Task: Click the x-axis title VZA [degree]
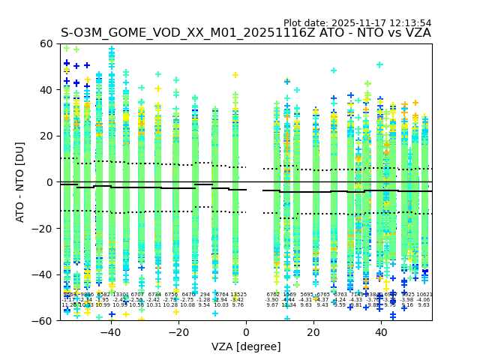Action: point(246,346)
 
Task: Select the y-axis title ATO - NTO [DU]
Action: point(21,181)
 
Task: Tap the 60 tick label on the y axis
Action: point(46,43)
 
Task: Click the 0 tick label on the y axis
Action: point(50,182)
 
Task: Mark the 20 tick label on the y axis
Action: point(46,136)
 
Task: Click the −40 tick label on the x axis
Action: point(109,332)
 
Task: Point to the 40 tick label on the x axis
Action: point(381,332)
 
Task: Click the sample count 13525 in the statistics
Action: point(238,295)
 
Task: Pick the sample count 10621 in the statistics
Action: point(424,295)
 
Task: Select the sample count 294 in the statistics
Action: point(205,295)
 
